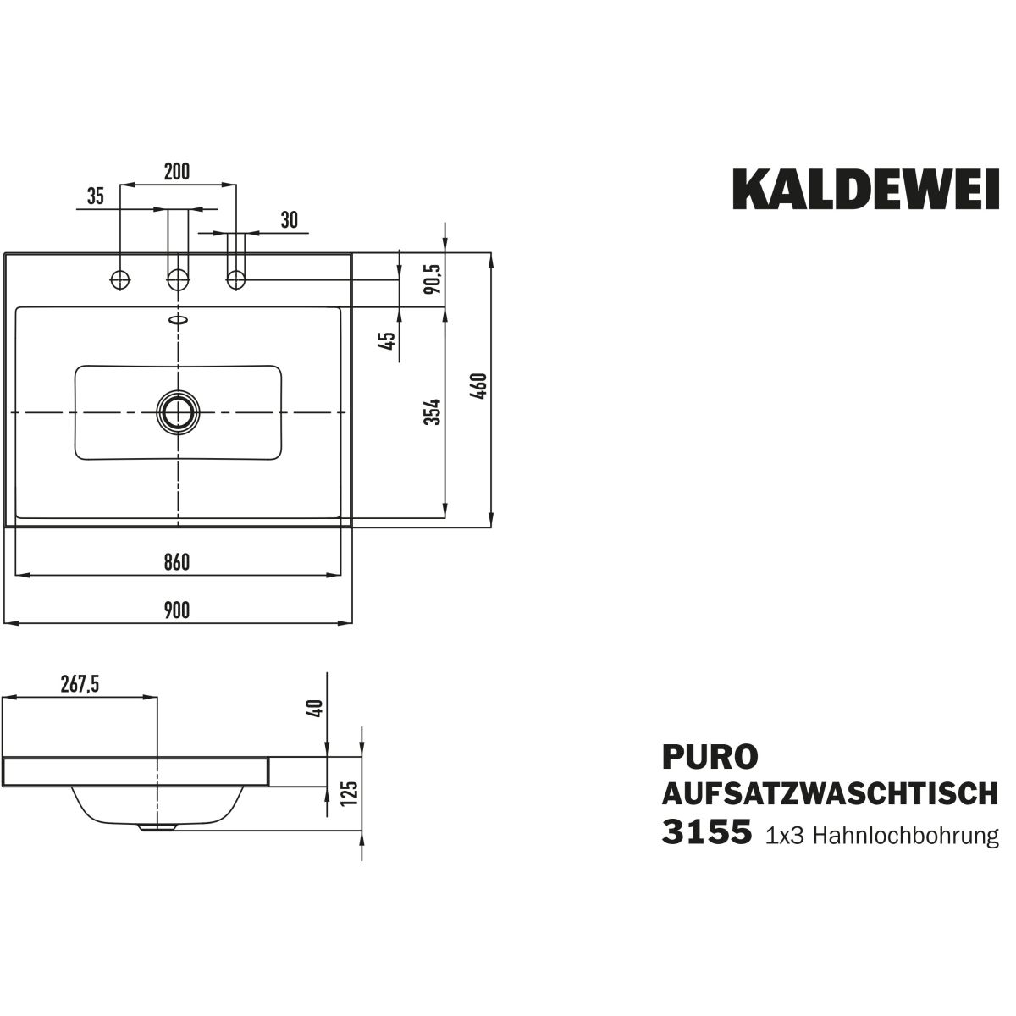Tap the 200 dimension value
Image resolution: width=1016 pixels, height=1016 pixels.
coord(176,171)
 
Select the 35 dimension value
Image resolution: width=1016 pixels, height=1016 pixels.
coord(95,197)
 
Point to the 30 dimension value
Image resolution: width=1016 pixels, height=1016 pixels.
coord(289,220)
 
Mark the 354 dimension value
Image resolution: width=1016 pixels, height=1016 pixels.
coord(433,411)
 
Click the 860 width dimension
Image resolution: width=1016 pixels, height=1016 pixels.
coord(177,562)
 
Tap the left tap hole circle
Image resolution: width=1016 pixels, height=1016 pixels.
coord(121,278)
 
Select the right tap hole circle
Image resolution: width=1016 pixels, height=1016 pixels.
coord(235,278)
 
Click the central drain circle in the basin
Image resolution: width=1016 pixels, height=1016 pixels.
coord(178,412)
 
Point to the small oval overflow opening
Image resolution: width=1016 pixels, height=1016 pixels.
coord(178,320)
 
